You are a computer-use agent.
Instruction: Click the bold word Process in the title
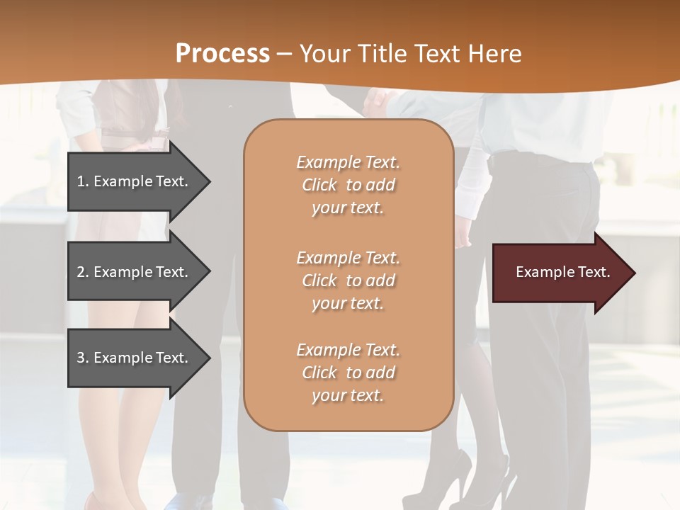click(222, 54)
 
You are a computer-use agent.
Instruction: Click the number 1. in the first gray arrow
click(83, 181)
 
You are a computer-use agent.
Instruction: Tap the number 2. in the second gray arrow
click(83, 272)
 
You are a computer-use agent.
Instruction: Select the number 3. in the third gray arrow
click(83, 358)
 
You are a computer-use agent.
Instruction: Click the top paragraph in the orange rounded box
click(348, 185)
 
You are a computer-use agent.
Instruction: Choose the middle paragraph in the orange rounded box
click(348, 280)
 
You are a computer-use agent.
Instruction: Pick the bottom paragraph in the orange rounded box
click(348, 373)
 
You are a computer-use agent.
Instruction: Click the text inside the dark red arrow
click(562, 272)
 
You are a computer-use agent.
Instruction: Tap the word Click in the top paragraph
click(319, 185)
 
